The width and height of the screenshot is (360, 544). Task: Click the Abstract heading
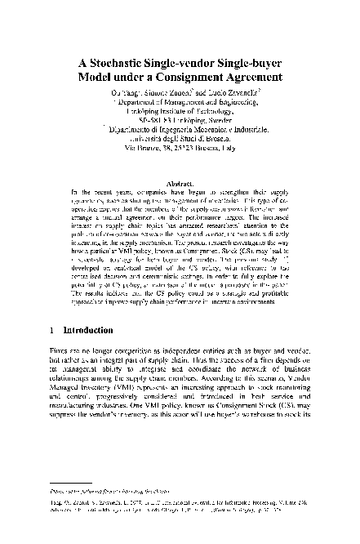tap(180, 185)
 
